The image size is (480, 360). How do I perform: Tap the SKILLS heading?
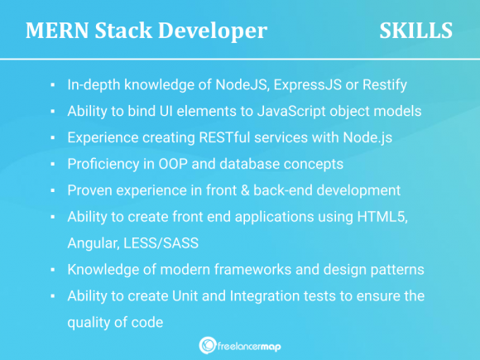tap(415, 31)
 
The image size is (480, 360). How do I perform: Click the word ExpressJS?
tap(304, 84)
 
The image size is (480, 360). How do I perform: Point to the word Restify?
tap(382, 84)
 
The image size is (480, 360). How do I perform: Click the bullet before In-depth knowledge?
tap(51, 85)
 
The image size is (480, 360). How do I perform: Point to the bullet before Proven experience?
tap(51, 191)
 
